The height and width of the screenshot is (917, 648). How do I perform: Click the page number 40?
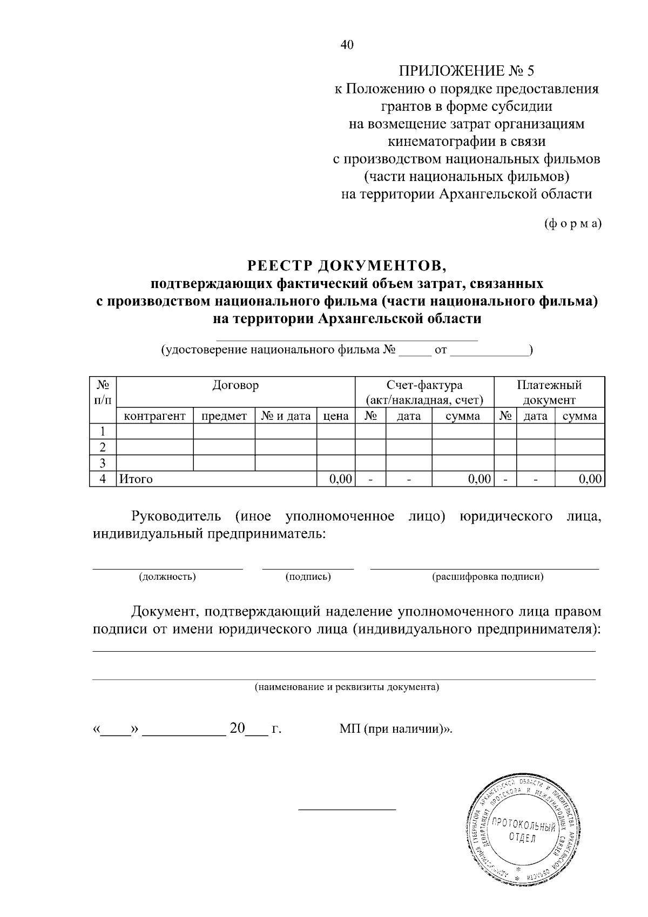347,45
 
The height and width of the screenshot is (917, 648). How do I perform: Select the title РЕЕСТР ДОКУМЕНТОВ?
347,265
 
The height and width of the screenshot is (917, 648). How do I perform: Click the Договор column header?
235,385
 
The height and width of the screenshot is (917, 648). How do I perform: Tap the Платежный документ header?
549,392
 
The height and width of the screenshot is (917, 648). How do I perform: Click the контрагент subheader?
155,416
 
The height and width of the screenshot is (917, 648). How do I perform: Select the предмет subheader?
224,416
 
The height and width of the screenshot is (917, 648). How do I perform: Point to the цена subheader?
336,416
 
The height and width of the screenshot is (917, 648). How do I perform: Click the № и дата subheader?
286,416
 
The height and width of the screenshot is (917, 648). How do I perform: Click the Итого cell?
136,479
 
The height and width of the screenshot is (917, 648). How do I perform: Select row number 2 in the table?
103,447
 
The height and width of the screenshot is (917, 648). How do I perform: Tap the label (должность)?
167,577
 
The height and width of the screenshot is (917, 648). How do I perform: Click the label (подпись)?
308,577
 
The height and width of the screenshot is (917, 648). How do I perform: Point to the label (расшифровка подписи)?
488,577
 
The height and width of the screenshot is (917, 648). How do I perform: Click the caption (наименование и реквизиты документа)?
347,687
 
